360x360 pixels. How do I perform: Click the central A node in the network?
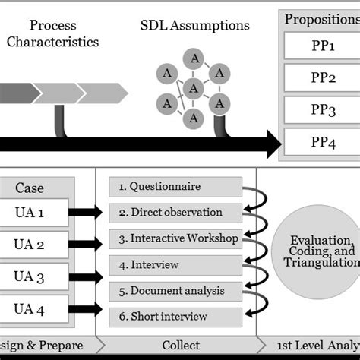coord(194,88)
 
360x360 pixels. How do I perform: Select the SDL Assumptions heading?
coord(194,25)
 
